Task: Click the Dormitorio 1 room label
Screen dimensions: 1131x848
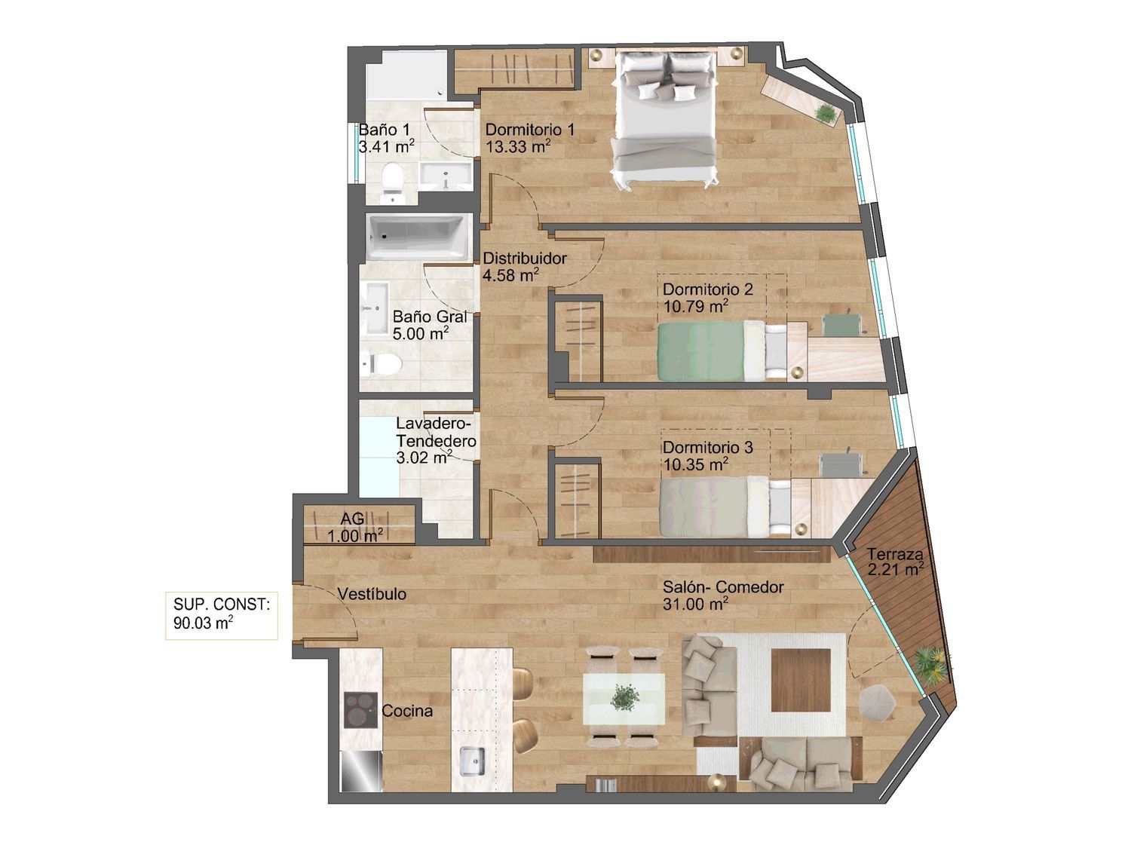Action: tap(530, 129)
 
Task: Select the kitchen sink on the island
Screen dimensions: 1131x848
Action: tap(472, 761)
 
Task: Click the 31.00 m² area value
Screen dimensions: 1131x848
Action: tap(694, 605)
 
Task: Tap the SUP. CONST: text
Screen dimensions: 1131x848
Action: tap(222, 605)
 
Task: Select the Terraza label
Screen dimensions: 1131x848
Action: tap(894, 555)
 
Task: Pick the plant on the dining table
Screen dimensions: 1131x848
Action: tap(625, 698)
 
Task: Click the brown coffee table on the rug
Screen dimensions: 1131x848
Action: tap(802, 681)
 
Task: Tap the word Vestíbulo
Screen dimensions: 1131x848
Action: tap(372, 594)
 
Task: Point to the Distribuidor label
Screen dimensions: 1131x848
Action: tap(525, 258)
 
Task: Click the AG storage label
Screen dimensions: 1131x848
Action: tap(352, 518)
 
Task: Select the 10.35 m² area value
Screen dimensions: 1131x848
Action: tap(696, 464)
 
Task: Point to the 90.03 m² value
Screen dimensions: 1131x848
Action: tap(203, 623)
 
